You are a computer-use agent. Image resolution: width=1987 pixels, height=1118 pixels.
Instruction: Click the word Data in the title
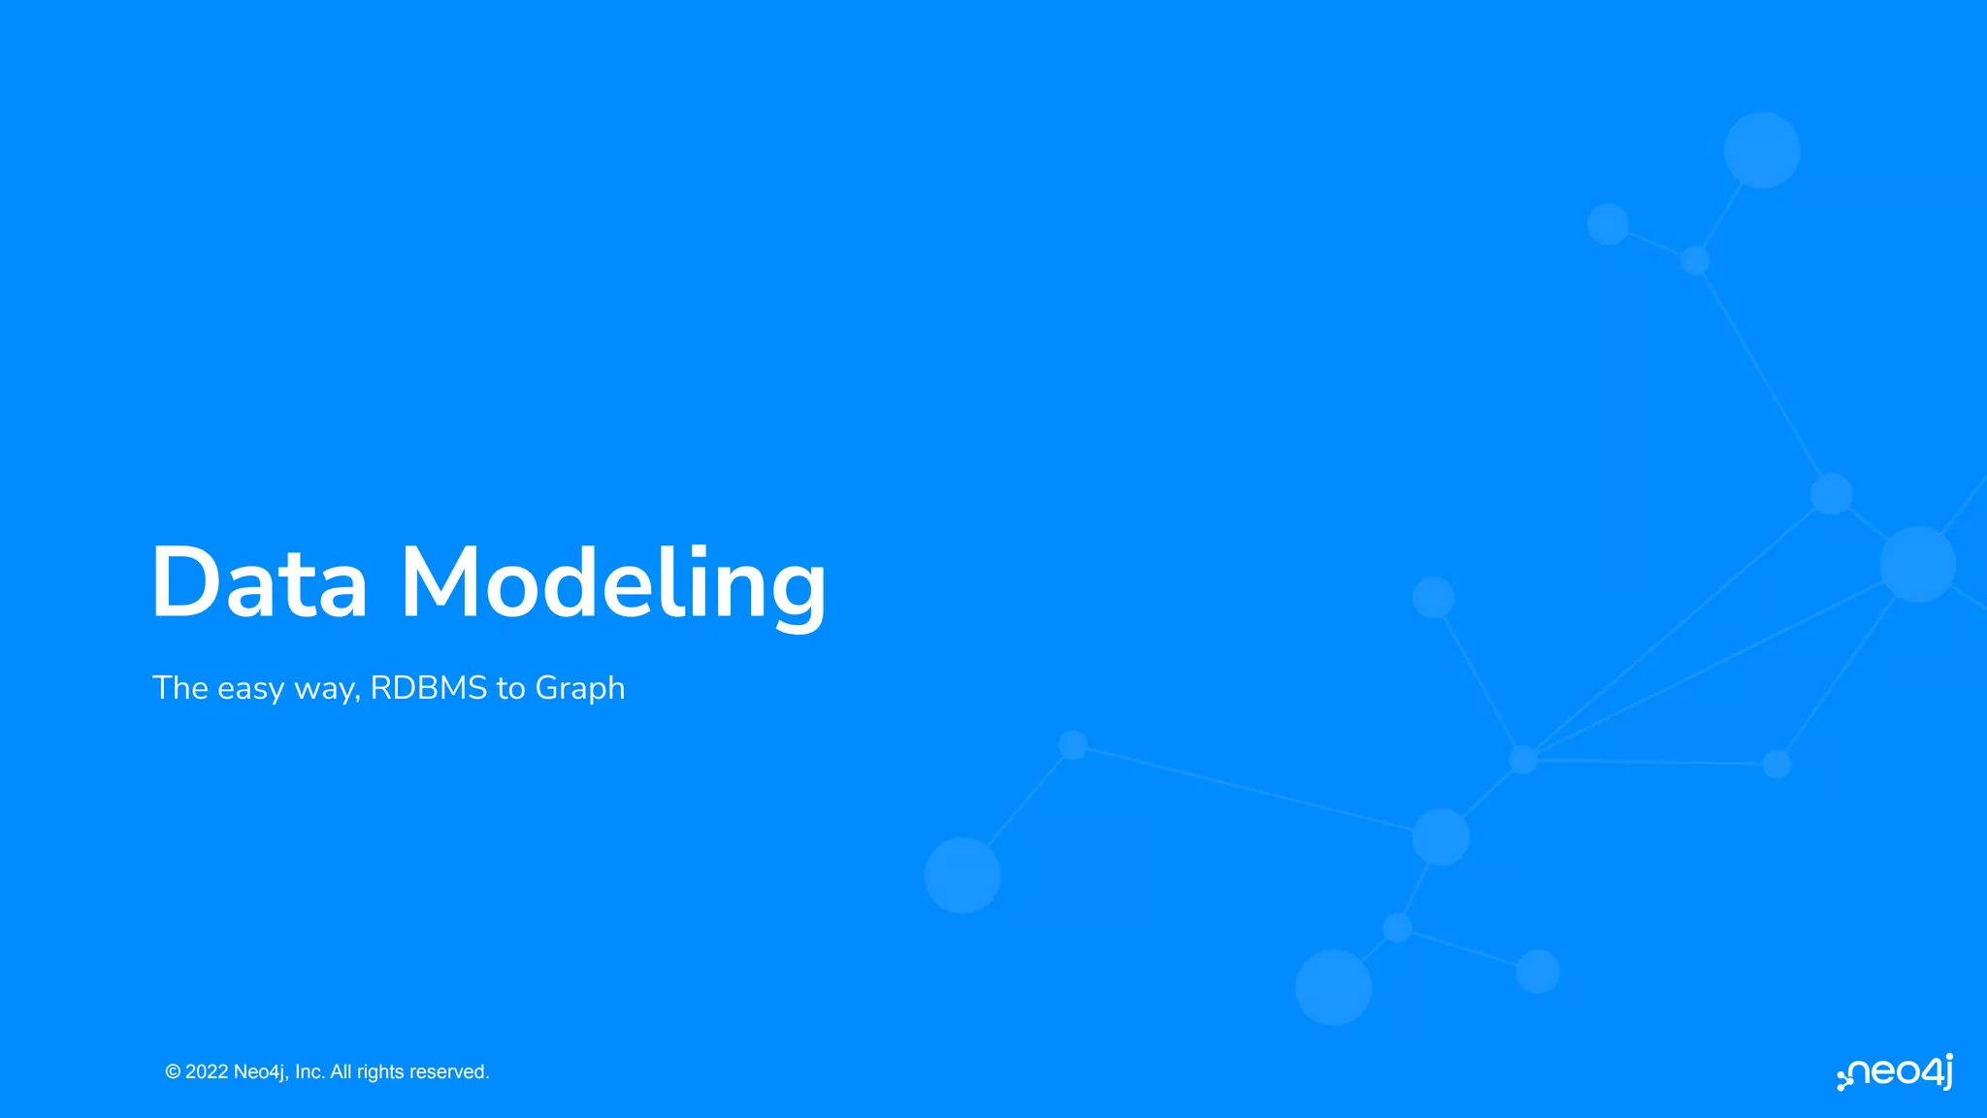[x=259, y=582]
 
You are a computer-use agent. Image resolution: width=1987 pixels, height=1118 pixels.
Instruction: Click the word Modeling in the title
[x=613, y=584]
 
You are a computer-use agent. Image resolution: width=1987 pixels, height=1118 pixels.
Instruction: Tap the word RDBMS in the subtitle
[x=429, y=688]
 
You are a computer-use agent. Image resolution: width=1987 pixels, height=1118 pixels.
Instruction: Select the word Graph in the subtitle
[x=580, y=689]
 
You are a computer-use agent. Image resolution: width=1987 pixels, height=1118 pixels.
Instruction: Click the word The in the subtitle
[x=180, y=688]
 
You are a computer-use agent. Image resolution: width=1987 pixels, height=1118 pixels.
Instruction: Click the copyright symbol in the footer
[x=173, y=1072]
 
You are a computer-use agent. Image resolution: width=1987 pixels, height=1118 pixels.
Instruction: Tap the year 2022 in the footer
[x=207, y=1072]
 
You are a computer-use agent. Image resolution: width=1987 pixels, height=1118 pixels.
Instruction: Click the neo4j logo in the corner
[x=1896, y=1072]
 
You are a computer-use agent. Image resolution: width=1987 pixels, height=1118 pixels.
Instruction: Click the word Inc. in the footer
[x=309, y=1072]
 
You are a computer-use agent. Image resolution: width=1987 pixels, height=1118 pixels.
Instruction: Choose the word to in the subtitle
[x=511, y=689]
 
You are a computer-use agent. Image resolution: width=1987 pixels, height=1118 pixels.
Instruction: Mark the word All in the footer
[x=342, y=1072]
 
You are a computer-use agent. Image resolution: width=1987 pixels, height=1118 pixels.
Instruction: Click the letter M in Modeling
[x=441, y=582]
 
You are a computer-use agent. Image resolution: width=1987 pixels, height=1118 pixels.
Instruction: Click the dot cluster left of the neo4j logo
[x=1844, y=1080]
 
